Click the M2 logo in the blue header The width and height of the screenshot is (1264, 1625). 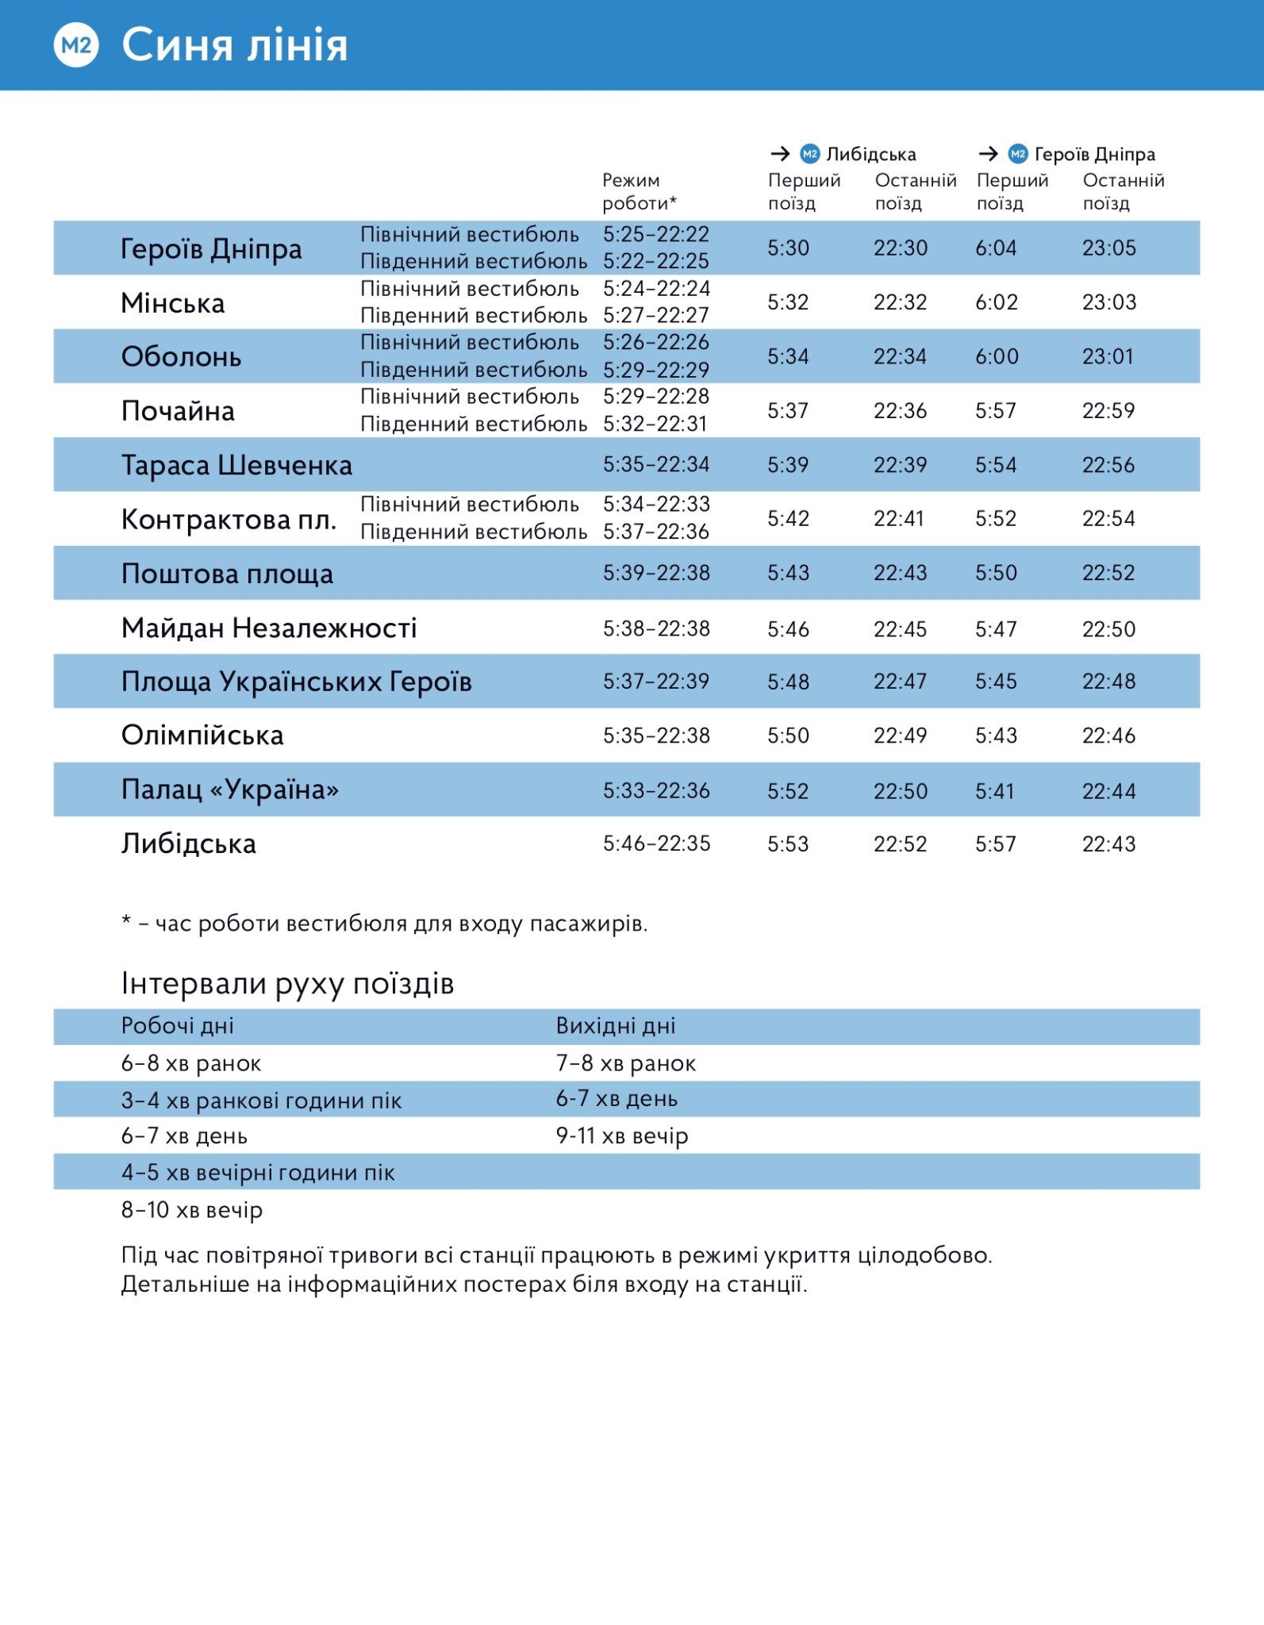[76, 45]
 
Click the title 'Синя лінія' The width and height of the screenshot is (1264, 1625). [235, 45]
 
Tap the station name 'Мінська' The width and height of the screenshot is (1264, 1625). [173, 303]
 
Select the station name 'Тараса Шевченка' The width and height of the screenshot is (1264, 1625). [236, 465]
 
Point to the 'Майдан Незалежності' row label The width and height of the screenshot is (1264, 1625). [269, 628]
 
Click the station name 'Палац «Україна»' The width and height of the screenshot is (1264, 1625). [230, 790]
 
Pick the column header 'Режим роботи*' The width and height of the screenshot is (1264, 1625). [639, 192]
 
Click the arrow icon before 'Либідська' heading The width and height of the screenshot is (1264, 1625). [780, 154]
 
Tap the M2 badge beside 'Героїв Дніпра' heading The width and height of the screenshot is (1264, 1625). [1018, 154]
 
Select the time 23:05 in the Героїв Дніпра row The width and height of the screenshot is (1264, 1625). [1108, 248]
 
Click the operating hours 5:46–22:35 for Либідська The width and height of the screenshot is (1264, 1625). [656, 843]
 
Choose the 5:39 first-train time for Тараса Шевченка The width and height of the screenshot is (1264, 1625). [788, 465]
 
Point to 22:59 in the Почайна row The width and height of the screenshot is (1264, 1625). [1108, 411]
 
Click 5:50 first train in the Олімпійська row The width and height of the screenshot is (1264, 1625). [788, 736]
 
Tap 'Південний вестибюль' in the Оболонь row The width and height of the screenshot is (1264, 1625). [474, 370]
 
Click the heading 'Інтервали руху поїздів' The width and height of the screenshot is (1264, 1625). [287, 984]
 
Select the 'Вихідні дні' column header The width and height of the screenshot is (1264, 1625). [616, 1026]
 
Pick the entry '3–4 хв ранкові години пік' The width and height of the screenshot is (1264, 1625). [261, 1101]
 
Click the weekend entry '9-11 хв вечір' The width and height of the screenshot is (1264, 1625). [622, 1136]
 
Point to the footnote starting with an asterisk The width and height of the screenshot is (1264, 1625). [384, 924]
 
